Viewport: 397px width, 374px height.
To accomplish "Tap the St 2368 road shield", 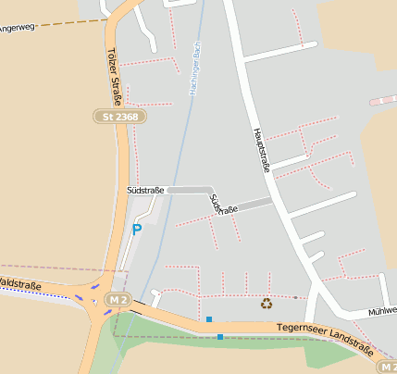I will point(120,118).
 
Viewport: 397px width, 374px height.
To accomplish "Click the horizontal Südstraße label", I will point(145,190).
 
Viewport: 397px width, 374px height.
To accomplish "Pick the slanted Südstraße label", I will point(223,205).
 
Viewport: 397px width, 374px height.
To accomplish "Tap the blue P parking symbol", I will point(137,230).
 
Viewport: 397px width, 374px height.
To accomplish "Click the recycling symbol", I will point(267,303).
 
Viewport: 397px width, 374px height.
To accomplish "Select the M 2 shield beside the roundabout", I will point(117,300).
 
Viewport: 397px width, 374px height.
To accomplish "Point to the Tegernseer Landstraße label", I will point(324,338).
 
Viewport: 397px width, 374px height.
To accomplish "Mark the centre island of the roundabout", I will point(97,303).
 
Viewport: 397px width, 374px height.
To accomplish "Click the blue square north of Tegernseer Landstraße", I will point(209,319).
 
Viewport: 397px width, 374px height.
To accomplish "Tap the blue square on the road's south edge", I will point(220,337).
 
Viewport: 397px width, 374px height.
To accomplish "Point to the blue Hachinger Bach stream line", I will point(178,167).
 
